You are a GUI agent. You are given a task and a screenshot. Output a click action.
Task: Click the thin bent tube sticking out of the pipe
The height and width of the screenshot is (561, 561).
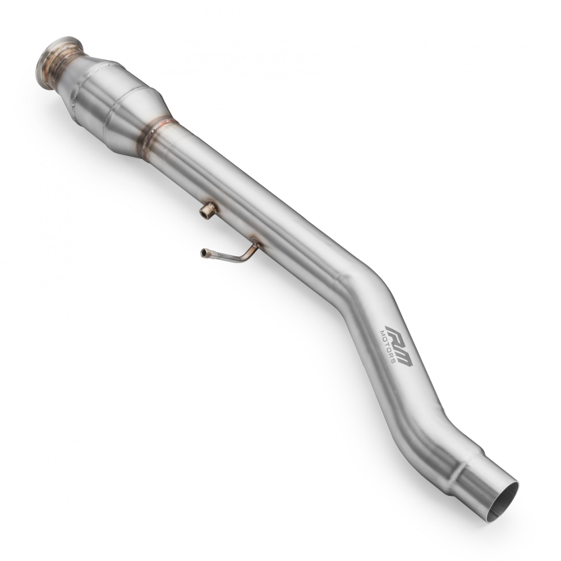[230, 255]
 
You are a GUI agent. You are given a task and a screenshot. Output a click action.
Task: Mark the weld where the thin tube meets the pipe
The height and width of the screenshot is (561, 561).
[255, 244]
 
